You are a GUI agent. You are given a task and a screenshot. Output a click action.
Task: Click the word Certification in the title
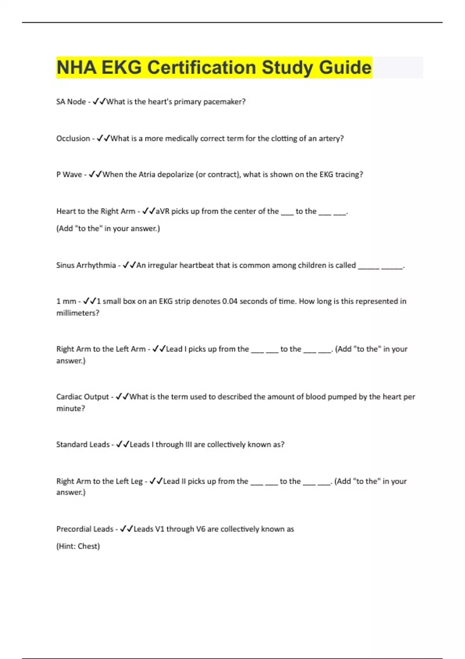point(201,67)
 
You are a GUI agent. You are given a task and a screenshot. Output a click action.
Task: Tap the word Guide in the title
point(345,67)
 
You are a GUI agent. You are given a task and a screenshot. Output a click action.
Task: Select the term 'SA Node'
point(71,102)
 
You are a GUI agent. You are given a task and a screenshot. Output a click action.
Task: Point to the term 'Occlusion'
point(73,138)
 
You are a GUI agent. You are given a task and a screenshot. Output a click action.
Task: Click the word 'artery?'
point(331,138)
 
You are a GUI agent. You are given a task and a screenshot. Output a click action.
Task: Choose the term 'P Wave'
point(69,174)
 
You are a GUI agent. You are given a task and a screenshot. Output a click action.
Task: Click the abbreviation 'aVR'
point(162,211)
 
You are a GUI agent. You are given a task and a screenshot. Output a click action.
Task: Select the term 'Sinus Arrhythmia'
point(86,265)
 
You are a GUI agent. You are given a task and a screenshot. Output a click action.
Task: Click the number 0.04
point(229,301)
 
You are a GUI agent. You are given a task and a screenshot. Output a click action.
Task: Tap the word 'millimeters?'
point(78,313)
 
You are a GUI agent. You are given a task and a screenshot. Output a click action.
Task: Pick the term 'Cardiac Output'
point(83,397)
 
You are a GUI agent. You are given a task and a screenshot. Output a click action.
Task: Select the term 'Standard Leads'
point(83,444)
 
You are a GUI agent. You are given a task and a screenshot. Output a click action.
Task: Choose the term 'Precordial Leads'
point(85,529)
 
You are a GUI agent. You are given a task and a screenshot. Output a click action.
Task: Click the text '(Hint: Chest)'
point(78,546)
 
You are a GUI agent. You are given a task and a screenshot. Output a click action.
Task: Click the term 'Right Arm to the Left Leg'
point(100,481)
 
